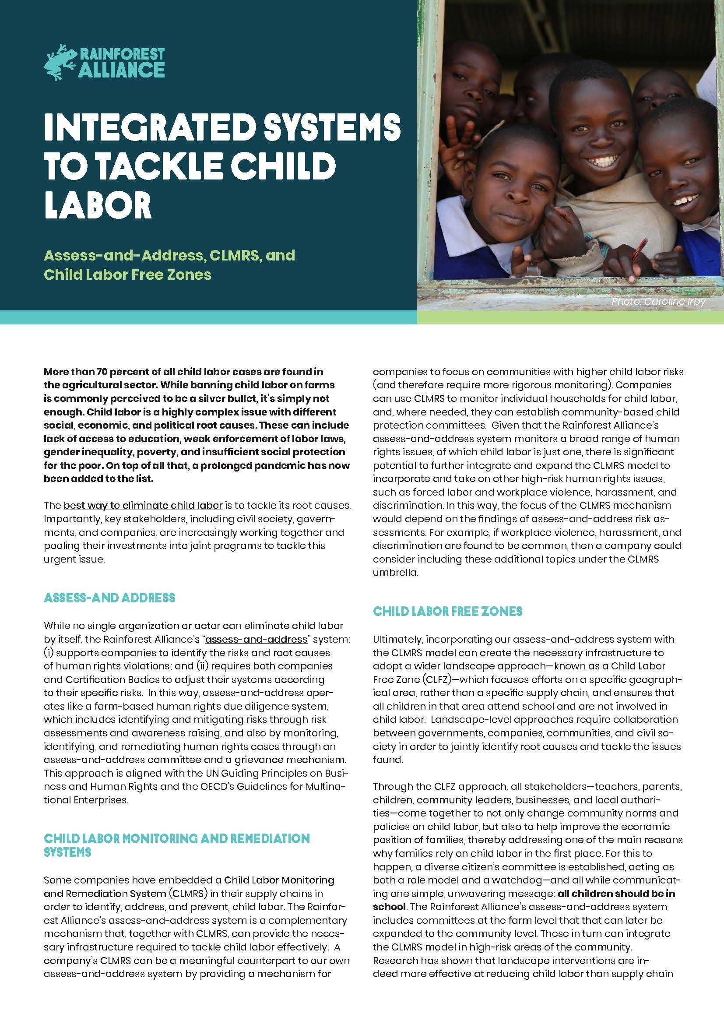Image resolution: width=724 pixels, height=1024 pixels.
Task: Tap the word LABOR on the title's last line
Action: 98,206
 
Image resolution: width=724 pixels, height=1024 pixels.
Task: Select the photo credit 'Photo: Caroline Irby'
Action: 658,302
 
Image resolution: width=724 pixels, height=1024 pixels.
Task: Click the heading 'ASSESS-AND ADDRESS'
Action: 110,598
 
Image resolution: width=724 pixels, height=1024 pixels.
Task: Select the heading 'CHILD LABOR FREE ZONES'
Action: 448,611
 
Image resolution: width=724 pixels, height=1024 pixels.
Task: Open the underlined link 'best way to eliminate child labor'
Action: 143,505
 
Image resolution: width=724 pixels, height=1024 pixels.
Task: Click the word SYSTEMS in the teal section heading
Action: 67,852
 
